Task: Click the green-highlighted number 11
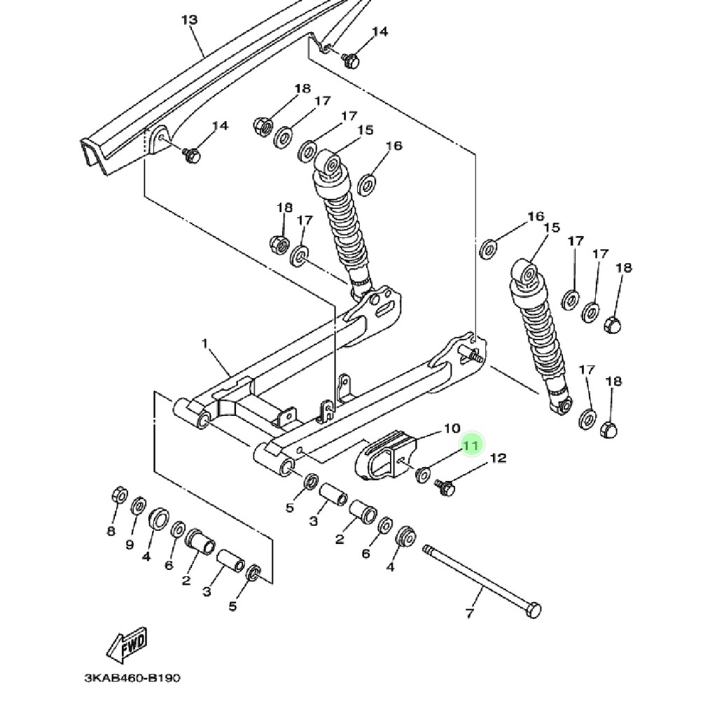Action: pyautogui.click(x=471, y=445)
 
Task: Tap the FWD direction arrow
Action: pyautogui.click(x=127, y=645)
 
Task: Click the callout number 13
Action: pyautogui.click(x=189, y=20)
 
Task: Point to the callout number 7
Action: pyautogui.click(x=470, y=613)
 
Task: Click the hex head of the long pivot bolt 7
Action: pyautogui.click(x=534, y=610)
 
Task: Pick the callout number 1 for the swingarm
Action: pyautogui.click(x=204, y=342)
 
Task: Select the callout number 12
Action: pyautogui.click(x=499, y=458)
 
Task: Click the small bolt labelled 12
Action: pyautogui.click(x=445, y=488)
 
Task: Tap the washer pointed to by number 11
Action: pyautogui.click(x=422, y=475)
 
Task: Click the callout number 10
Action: pyautogui.click(x=452, y=429)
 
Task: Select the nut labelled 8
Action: pyautogui.click(x=119, y=495)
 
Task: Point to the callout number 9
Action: pyautogui.click(x=130, y=545)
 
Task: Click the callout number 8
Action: pyautogui.click(x=111, y=531)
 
